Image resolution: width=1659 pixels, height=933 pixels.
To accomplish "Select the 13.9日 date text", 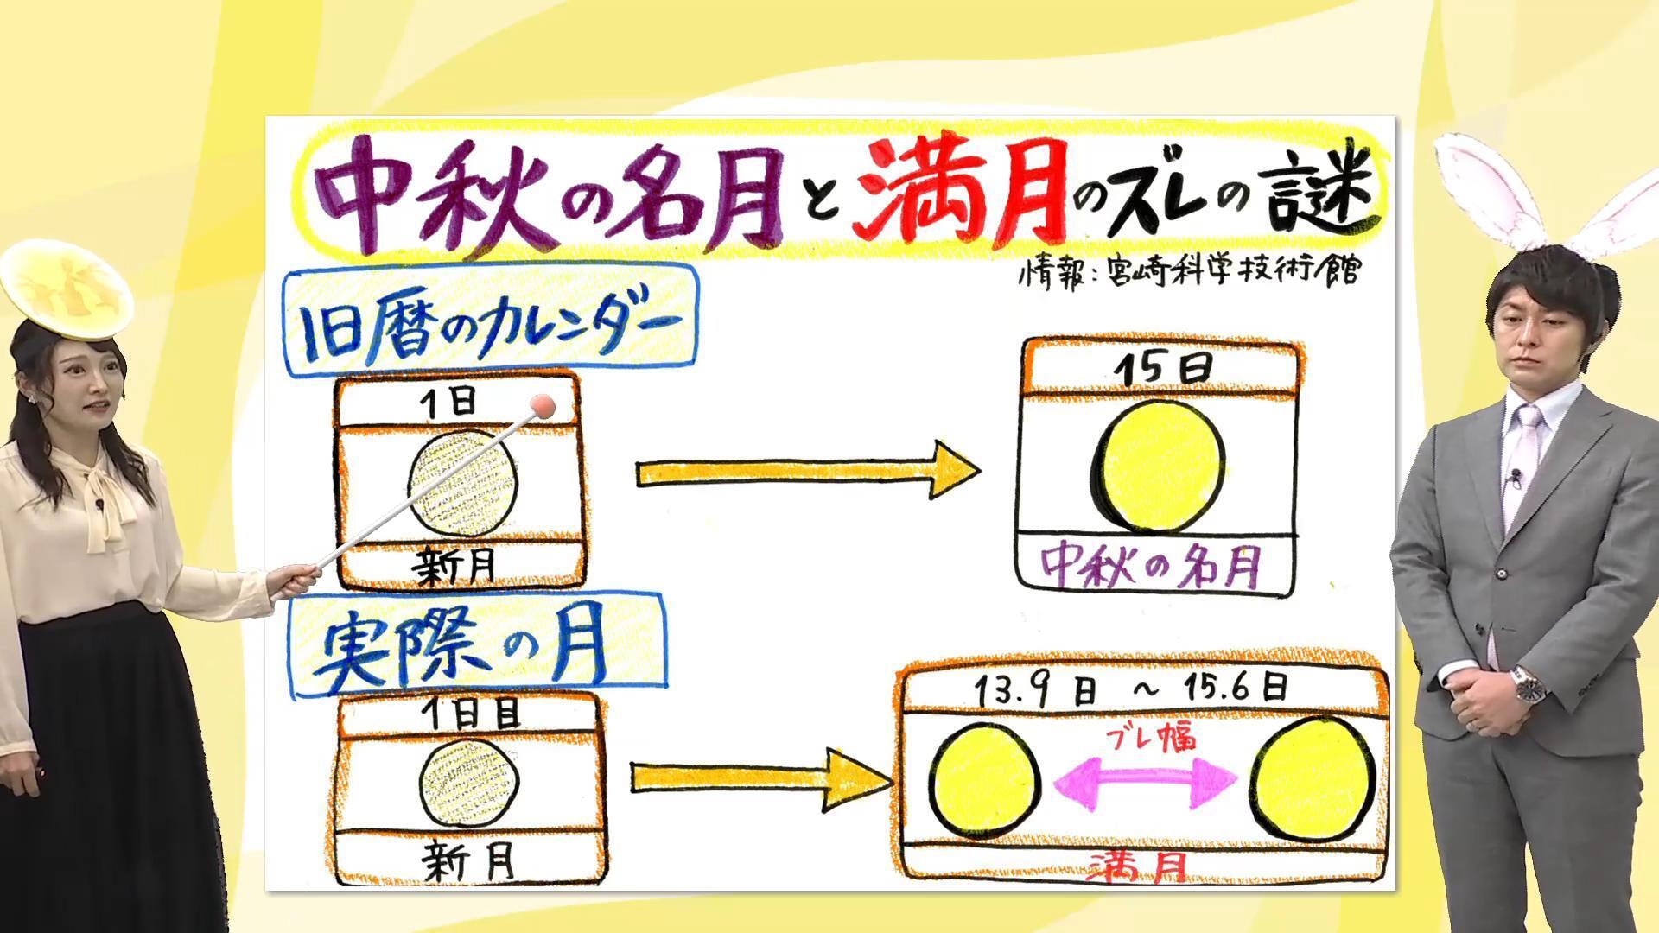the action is coord(1036,689).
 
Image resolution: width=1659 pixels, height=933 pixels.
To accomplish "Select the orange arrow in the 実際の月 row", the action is coord(760,777).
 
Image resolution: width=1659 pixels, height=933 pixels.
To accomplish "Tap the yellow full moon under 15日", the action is coord(1159,466).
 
